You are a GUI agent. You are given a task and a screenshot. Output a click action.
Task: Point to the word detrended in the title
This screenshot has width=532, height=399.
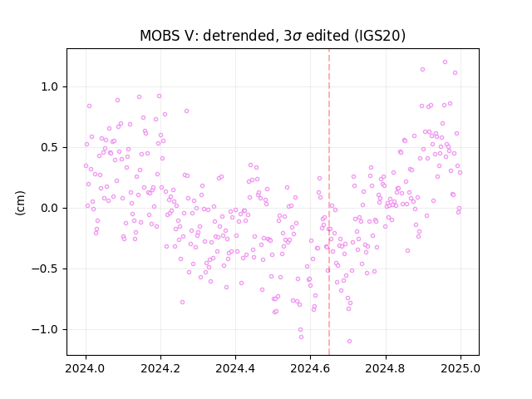(239, 36)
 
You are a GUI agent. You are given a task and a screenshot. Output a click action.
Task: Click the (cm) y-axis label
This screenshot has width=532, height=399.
(20, 203)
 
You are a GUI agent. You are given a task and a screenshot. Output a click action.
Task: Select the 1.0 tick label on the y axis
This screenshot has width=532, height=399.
(50, 86)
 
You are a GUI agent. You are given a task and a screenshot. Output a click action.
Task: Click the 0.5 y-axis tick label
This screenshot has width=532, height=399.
(50, 148)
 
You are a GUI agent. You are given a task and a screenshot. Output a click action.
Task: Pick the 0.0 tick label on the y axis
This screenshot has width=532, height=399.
(50, 208)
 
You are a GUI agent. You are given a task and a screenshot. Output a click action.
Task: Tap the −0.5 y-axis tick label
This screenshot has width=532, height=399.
(45, 268)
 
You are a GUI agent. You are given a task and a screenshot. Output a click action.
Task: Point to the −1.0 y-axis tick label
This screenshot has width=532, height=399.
(45, 329)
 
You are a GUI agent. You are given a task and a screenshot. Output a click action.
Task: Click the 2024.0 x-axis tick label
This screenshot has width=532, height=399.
(86, 368)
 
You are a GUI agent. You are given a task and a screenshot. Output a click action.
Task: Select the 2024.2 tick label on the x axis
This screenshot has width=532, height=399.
(160, 368)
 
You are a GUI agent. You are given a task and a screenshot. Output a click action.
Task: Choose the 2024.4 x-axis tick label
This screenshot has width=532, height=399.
(235, 368)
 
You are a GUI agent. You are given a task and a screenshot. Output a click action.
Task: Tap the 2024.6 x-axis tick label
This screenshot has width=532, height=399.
(310, 368)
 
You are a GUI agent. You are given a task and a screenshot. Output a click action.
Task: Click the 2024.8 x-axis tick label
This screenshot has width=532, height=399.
(386, 368)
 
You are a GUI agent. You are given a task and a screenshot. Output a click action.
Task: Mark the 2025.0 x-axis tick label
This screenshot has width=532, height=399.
(461, 368)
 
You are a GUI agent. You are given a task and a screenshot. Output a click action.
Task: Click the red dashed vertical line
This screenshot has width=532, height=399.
(329, 202)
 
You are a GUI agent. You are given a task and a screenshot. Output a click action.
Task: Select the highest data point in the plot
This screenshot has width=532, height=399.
(446, 62)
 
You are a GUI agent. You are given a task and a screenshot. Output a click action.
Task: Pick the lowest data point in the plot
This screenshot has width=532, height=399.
(349, 342)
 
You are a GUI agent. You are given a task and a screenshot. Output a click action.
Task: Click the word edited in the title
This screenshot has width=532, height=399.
(328, 36)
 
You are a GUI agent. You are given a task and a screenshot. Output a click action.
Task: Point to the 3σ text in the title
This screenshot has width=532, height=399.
(293, 36)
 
